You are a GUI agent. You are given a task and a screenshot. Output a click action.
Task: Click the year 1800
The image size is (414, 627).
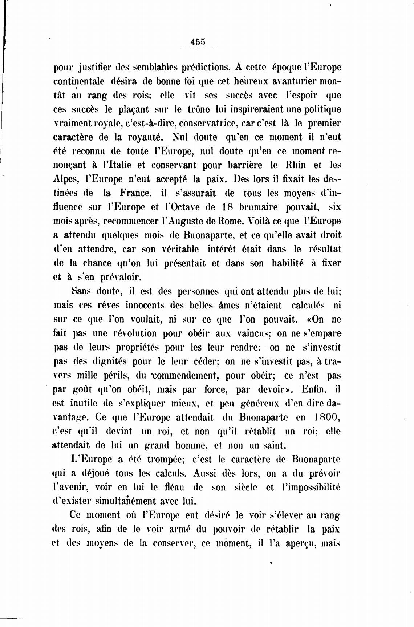click(328, 417)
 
